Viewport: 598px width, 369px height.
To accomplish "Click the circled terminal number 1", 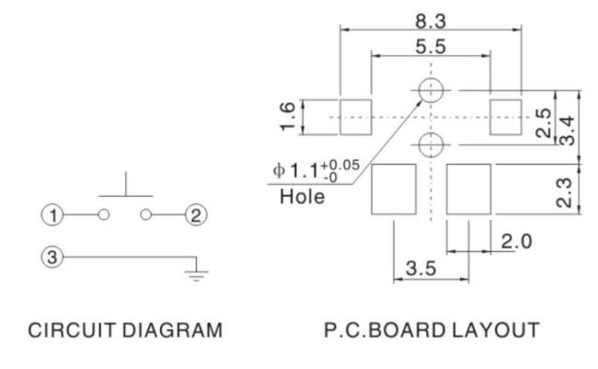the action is click(x=52, y=214).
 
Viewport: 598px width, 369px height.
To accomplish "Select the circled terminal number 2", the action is click(x=196, y=214).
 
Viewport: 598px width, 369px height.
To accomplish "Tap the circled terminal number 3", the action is click(x=52, y=257).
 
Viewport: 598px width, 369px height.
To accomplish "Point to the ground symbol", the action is click(x=196, y=275).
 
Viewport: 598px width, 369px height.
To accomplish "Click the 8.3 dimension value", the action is click(x=431, y=21).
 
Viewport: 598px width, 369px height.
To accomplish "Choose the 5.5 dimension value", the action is click(x=431, y=47).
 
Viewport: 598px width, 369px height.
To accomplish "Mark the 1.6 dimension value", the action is click(x=288, y=117).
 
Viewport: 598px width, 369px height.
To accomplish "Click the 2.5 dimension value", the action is click(x=544, y=123).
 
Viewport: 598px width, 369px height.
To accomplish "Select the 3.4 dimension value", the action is click(x=567, y=131).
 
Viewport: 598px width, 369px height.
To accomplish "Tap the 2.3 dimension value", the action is click(x=565, y=192).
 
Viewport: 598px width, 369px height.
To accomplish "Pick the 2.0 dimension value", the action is click(x=516, y=241).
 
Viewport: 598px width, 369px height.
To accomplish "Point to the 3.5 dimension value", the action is click(x=420, y=269).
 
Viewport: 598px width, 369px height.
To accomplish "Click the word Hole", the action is click(x=303, y=197).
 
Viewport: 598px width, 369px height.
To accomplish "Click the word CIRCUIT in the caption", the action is click(x=72, y=330).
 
